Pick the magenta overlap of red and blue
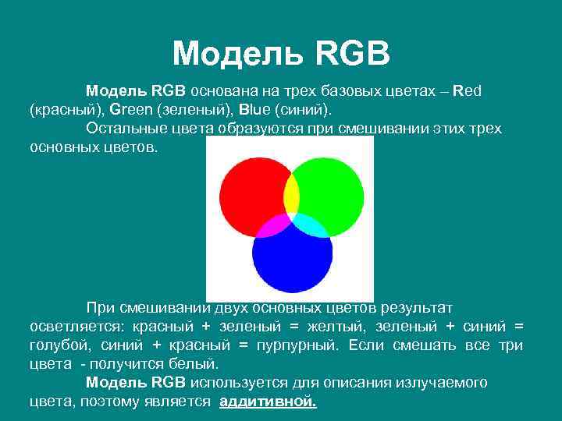(x=269, y=226)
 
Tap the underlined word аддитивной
(x=269, y=402)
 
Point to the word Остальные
(x=122, y=128)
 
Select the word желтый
(x=341, y=326)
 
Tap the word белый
(x=198, y=364)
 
